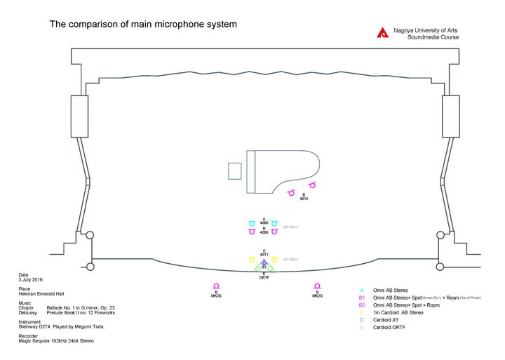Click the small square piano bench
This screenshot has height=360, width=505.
point(235,171)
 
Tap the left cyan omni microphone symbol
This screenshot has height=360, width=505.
point(252,223)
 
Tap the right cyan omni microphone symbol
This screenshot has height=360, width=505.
point(275,223)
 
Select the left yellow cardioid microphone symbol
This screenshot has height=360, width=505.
point(252,260)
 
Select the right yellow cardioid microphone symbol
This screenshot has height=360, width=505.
point(275,260)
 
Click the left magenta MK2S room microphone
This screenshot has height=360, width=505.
point(217,286)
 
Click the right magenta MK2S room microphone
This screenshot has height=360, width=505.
point(318,286)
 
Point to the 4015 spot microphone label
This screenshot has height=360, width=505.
point(304,199)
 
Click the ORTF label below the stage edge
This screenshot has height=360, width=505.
point(264,278)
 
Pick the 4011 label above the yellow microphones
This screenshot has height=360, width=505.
point(264,255)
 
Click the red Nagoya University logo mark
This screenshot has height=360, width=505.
point(382,32)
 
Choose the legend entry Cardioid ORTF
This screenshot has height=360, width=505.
point(390,328)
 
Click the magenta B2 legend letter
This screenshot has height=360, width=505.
point(362,305)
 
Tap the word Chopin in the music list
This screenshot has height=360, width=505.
point(26,308)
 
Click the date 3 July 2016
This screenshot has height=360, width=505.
point(32,279)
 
